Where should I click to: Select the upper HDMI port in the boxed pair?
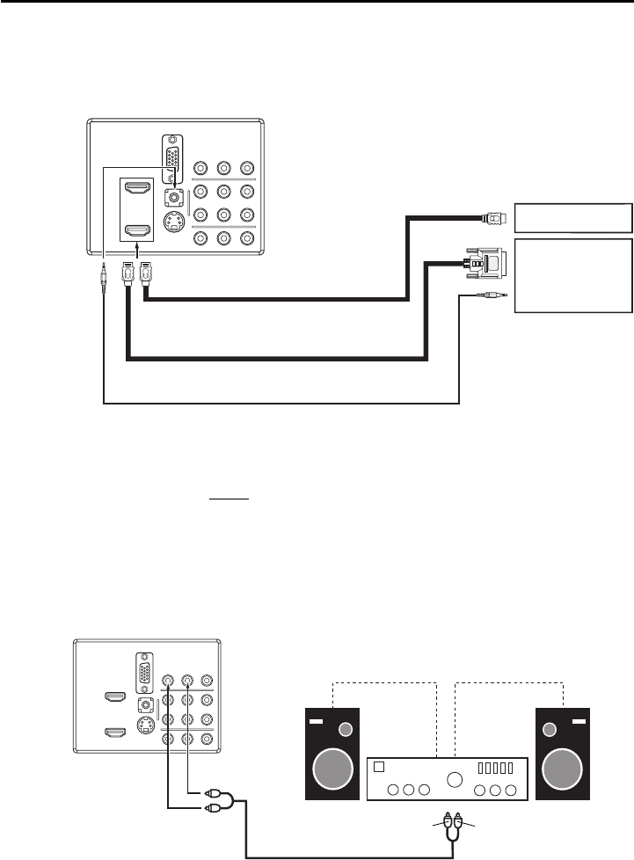coord(137,189)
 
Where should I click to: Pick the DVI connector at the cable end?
coord(477,262)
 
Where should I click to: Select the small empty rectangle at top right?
coord(574,216)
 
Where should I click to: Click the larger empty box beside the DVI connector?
coord(574,274)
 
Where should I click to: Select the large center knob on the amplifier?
coord(455,777)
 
